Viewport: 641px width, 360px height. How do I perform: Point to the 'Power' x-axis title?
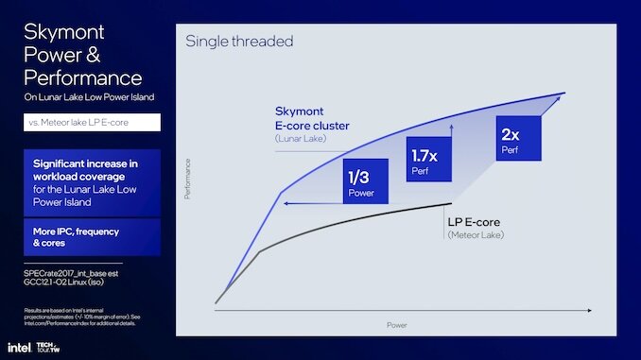click(398, 324)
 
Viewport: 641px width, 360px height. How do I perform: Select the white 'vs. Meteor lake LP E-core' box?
click(92, 122)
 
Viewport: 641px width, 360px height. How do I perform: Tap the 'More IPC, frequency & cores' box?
click(92, 237)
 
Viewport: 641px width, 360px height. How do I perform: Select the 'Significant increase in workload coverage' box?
click(92, 180)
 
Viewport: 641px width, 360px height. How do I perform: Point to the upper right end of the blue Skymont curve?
click(563, 94)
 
